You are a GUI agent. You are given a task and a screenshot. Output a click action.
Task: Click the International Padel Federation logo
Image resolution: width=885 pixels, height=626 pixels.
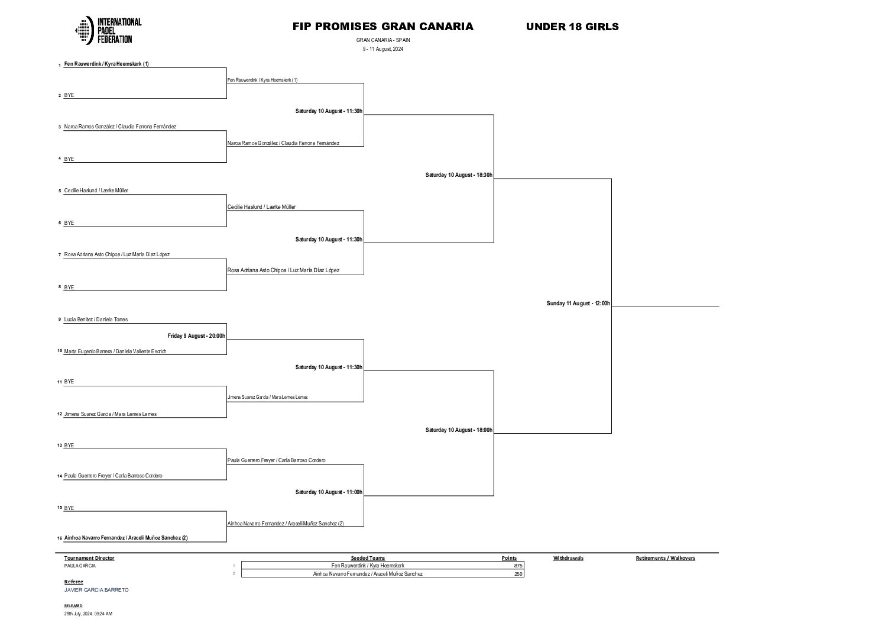[x=108, y=30]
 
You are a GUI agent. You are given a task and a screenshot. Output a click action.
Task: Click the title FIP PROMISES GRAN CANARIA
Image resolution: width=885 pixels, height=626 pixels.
[x=382, y=27]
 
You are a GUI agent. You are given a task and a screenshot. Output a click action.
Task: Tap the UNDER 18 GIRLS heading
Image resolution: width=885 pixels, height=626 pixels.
[x=572, y=27]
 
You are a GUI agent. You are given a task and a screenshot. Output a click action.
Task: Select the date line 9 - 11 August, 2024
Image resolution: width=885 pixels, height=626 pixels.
[x=382, y=49]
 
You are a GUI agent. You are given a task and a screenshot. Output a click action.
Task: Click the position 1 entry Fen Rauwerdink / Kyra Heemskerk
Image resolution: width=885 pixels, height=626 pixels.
[x=106, y=64]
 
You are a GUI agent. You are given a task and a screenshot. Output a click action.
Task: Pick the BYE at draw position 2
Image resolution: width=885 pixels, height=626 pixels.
[x=69, y=95]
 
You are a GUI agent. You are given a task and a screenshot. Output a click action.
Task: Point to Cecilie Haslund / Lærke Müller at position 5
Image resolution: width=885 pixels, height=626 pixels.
[x=96, y=191]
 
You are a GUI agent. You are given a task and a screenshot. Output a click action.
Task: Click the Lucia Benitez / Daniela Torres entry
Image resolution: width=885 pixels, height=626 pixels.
[x=96, y=320]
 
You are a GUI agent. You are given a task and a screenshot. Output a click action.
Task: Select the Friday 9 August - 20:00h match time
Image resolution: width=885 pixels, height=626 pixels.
[x=196, y=336]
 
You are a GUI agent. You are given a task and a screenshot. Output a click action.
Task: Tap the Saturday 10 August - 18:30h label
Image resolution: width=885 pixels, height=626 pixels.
[x=459, y=175]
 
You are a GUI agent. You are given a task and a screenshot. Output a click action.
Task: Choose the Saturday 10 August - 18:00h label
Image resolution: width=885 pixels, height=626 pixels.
[x=459, y=430]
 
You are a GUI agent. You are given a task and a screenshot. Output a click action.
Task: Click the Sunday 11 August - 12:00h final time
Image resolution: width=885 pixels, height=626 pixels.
[x=578, y=304]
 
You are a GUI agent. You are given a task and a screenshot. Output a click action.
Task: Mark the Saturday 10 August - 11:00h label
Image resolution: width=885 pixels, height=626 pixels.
[x=329, y=492]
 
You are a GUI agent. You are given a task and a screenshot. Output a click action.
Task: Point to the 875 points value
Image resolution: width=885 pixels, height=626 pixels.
[x=518, y=566]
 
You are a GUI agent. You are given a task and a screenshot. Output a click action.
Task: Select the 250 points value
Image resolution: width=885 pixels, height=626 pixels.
[x=518, y=574]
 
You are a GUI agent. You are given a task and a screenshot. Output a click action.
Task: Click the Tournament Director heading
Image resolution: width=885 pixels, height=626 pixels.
[x=89, y=558]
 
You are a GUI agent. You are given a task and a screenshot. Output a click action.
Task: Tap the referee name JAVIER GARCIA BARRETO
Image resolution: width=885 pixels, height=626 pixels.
[x=96, y=590]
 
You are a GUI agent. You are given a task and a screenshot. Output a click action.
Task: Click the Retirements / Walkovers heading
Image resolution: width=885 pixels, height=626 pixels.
[x=665, y=558]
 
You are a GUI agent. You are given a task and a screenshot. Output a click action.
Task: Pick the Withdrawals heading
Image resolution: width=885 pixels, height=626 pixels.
[x=568, y=558]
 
